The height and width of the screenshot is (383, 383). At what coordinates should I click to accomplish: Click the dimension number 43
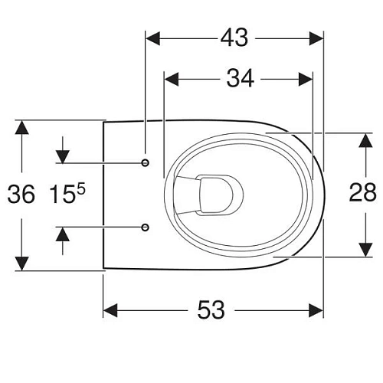pyautogui.click(x=234, y=38)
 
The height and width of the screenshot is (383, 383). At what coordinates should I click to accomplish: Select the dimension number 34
pyautogui.click(x=240, y=78)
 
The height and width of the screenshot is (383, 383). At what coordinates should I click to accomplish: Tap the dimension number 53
pyautogui.click(x=211, y=310)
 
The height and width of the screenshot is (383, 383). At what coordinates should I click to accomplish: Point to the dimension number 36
pyautogui.click(x=21, y=195)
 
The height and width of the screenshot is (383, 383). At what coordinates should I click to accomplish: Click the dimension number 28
pyautogui.click(x=362, y=192)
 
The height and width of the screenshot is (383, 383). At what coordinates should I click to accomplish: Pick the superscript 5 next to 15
pyautogui.click(x=80, y=190)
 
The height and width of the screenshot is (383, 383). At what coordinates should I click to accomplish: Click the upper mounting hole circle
pyautogui.click(x=146, y=162)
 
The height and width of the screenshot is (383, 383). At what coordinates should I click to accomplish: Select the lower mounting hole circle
pyautogui.click(x=146, y=227)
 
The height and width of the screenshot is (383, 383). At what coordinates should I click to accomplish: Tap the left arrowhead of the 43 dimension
pyautogui.click(x=152, y=38)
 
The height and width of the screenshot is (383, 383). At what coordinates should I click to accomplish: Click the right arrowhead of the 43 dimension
pyautogui.click(x=316, y=38)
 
